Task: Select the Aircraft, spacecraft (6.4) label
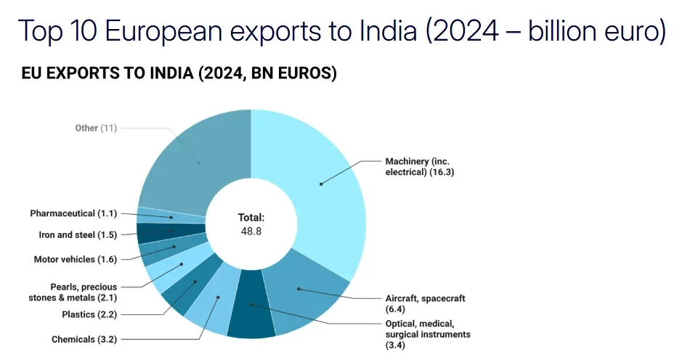click(x=425, y=303)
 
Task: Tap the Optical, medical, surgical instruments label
click(x=428, y=334)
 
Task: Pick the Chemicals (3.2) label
click(x=84, y=339)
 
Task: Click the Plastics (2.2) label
click(x=89, y=314)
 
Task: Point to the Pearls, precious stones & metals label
click(x=73, y=292)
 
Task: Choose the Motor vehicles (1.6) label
click(x=76, y=259)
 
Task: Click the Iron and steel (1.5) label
click(x=78, y=234)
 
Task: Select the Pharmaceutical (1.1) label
click(x=73, y=213)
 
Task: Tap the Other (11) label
click(x=96, y=128)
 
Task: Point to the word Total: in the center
click(x=251, y=217)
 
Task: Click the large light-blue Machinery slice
click(x=320, y=181)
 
